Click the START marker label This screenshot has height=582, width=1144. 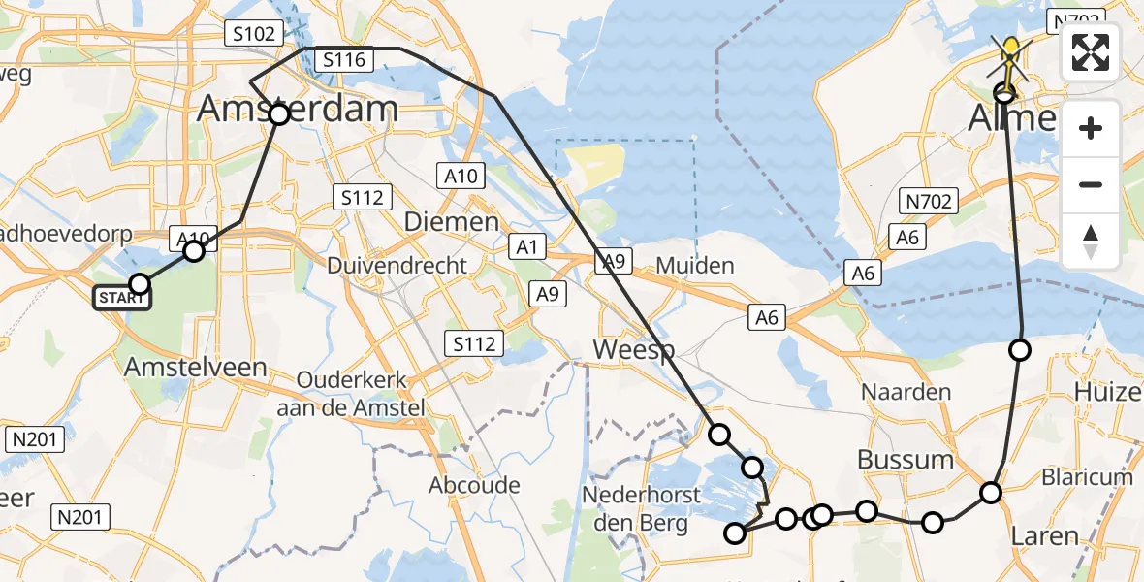122,298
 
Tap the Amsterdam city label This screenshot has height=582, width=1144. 297,109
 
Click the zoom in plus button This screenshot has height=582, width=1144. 1091,128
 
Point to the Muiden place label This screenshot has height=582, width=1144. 695,265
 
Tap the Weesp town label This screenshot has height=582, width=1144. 634,350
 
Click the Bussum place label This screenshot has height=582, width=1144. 906,459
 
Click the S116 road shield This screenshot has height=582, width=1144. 344,60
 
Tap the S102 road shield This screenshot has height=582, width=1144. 252,34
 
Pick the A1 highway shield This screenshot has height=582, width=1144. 526,247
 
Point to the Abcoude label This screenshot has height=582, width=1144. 474,485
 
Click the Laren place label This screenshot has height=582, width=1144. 1044,535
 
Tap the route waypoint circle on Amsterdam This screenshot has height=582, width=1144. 278,115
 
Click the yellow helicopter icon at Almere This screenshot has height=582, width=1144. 1010,53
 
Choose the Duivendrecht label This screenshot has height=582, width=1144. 397,265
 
